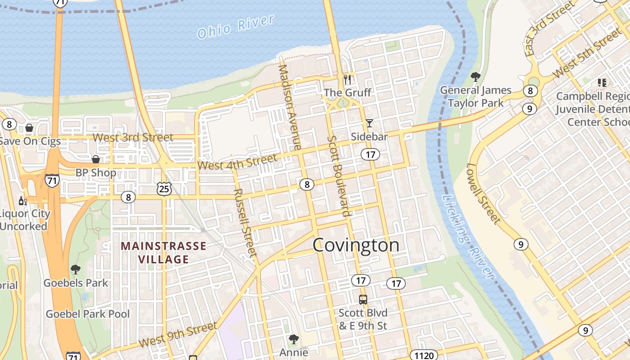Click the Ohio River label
[235, 27]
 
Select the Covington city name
[355, 245]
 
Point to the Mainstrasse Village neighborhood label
[163, 252]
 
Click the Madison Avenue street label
[290, 107]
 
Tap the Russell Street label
[245, 222]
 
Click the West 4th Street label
[237, 162]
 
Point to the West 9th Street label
[178, 334]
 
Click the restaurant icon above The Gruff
[347, 80]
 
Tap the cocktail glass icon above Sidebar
[369, 123]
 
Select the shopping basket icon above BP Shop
[95, 159]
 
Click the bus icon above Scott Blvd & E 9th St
[363, 299]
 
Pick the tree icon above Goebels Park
[76, 270]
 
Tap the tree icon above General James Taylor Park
[475, 77]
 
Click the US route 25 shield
[164, 189]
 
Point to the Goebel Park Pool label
[88, 314]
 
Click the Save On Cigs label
[30, 141]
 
